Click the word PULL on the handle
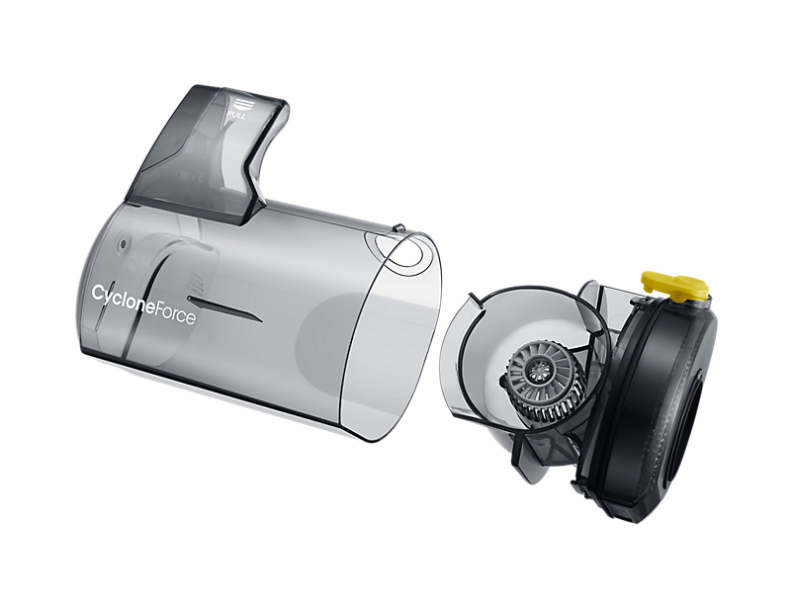(x=236, y=117)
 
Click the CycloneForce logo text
(x=143, y=305)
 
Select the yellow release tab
(x=675, y=287)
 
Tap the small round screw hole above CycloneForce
(x=123, y=245)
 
